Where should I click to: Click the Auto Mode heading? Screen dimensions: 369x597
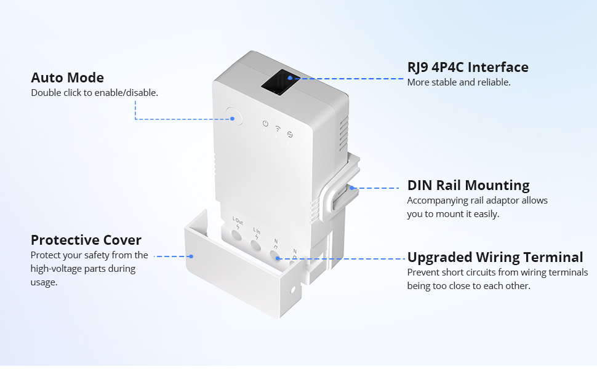pos(67,78)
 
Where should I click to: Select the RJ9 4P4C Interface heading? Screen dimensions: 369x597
pos(468,67)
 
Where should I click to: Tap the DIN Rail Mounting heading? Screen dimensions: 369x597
pos(468,185)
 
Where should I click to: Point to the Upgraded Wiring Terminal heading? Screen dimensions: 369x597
pos(495,257)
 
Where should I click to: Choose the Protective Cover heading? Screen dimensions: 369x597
pos(86,240)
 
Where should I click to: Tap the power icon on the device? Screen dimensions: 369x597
pos(265,124)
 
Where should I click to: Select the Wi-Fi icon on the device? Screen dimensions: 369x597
pos(278,129)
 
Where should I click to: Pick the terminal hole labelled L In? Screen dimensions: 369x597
pos(257,244)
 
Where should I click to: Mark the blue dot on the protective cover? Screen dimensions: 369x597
pos(191,256)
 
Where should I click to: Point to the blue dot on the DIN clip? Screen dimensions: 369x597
pos(353,188)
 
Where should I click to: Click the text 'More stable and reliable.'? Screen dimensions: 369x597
pos(459,82)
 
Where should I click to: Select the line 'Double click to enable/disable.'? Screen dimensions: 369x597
pos(94,93)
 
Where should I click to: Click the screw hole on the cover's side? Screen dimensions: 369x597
pos(293,288)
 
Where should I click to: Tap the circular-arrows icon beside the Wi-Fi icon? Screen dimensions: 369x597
pos(290,134)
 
